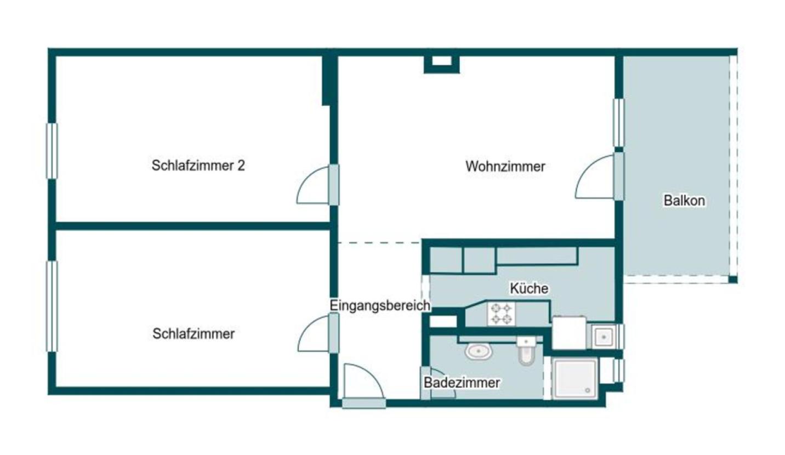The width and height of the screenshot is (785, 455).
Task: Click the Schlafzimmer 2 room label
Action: pyautogui.click(x=198, y=166)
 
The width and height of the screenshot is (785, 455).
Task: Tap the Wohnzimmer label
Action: pyautogui.click(x=505, y=166)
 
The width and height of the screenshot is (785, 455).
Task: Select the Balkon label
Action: pyautogui.click(x=684, y=201)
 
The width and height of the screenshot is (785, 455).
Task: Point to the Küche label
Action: pyautogui.click(x=528, y=288)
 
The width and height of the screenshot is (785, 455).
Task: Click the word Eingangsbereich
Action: pyautogui.click(x=380, y=306)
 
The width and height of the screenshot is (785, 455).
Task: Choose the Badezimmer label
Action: pyautogui.click(x=462, y=383)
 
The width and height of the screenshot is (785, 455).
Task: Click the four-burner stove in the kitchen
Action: pyautogui.click(x=501, y=314)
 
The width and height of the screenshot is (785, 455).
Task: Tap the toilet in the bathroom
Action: pyautogui.click(x=525, y=351)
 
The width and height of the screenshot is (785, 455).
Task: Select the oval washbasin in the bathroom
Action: pyautogui.click(x=478, y=351)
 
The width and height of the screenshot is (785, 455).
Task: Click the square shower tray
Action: pyautogui.click(x=574, y=378)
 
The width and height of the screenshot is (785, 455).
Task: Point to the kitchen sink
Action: pyautogui.click(x=604, y=336)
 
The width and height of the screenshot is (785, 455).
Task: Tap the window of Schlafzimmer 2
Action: pyautogui.click(x=52, y=151)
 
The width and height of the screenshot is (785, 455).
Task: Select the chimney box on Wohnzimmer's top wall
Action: pyautogui.click(x=441, y=62)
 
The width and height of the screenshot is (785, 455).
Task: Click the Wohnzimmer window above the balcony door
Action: pyautogui.click(x=618, y=123)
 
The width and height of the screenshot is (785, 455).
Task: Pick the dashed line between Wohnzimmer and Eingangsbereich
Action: pyautogui.click(x=378, y=242)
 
